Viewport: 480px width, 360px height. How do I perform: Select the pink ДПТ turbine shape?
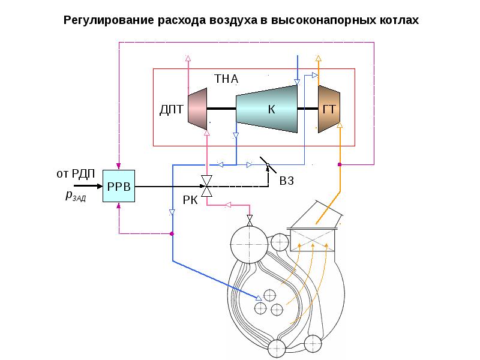(x=197, y=109)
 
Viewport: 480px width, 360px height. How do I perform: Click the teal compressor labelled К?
(x=268, y=109)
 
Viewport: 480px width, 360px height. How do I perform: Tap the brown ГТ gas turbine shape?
(x=329, y=109)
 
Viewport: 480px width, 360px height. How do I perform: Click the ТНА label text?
(x=226, y=79)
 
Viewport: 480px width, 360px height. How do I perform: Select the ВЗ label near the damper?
(x=287, y=181)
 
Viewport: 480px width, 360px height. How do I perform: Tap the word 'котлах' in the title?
(x=397, y=20)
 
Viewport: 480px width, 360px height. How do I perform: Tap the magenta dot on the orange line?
(x=340, y=164)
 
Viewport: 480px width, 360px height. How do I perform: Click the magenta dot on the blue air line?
(x=172, y=233)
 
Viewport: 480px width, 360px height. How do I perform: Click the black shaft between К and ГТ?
(x=307, y=109)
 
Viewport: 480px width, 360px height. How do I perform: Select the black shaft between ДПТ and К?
(x=221, y=109)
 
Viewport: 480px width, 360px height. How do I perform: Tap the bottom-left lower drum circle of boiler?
(x=277, y=348)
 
